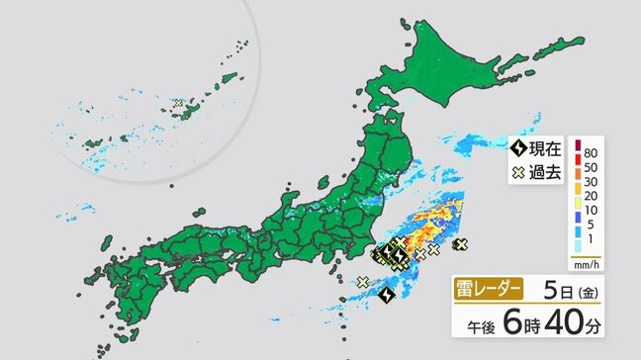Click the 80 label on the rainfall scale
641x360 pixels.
click(591, 152)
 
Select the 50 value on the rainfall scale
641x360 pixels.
click(591, 168)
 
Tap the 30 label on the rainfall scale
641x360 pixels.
click(591, 185)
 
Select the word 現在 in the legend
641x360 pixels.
click(545, 150)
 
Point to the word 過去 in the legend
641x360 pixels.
click(545, 174)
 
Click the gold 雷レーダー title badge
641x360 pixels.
click(487, 290)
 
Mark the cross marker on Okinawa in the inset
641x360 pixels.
click(179, 102)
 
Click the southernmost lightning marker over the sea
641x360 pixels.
click(387, 295)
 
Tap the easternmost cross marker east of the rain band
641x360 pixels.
click(461, 243)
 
